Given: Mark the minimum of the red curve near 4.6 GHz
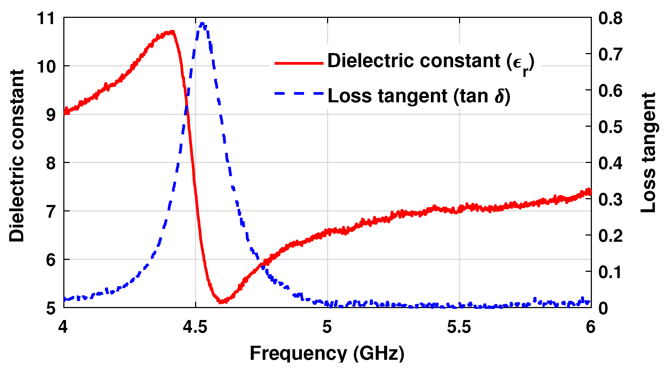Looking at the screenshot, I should click(221, 301).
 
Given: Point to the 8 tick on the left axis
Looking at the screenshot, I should click(51, 163).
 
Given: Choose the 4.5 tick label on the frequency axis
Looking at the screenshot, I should click(195, 327).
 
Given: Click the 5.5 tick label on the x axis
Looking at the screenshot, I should click(459, 327).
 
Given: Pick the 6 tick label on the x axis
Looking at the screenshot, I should click(591, 327).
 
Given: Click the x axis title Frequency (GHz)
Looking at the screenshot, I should click(327, 353).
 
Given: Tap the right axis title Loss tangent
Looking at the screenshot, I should click(648, 153).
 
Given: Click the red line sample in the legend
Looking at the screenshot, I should click(299, 63).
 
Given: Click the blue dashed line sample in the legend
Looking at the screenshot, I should click(299, 93).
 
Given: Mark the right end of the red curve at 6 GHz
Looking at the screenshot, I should click(590, 192).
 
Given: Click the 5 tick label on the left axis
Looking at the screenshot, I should click(51, 308).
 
